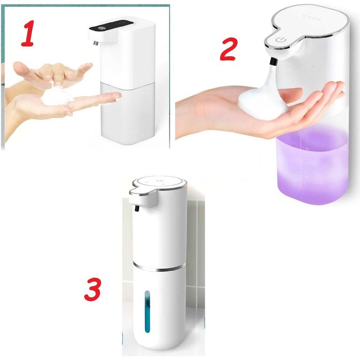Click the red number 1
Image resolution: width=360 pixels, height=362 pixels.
point(28,34)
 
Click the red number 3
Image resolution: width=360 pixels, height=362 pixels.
point(93,289)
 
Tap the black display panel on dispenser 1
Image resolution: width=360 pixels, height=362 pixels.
point(111,26)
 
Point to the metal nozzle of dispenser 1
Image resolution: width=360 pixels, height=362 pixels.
point(96,43)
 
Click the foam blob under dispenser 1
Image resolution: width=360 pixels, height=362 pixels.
point(56,96)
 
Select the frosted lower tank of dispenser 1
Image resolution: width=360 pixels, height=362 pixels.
point(128,113)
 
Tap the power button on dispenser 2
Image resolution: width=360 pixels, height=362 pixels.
point(281,40)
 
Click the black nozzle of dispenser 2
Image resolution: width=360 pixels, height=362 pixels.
point(273,62)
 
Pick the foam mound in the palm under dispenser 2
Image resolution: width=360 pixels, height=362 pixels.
point(263,102)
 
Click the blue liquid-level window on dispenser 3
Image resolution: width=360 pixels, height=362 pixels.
point(147,311)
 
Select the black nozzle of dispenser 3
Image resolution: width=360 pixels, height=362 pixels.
point(137,209)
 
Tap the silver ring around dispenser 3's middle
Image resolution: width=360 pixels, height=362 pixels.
point(159,267)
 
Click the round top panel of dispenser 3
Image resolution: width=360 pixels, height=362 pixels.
point(159,182)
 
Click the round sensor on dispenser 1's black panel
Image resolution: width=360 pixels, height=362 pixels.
point(100,28)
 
